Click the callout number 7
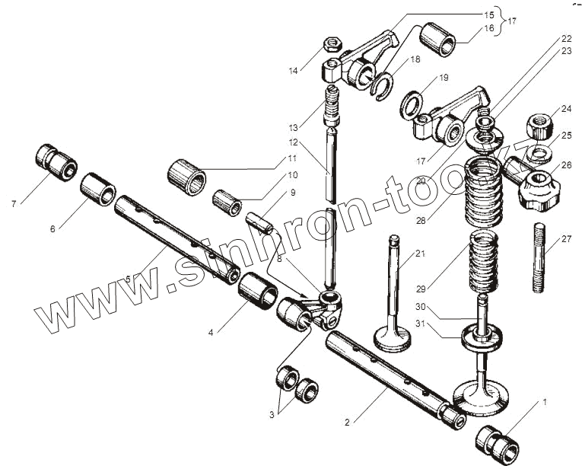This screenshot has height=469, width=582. coord(14,204)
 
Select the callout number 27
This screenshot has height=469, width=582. coord(566,239)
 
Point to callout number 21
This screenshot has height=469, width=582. coord(419,254)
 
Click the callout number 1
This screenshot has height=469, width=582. coord(544,400)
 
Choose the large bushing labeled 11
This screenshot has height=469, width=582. coord(187,176)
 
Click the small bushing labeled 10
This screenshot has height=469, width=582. coord(226,202)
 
